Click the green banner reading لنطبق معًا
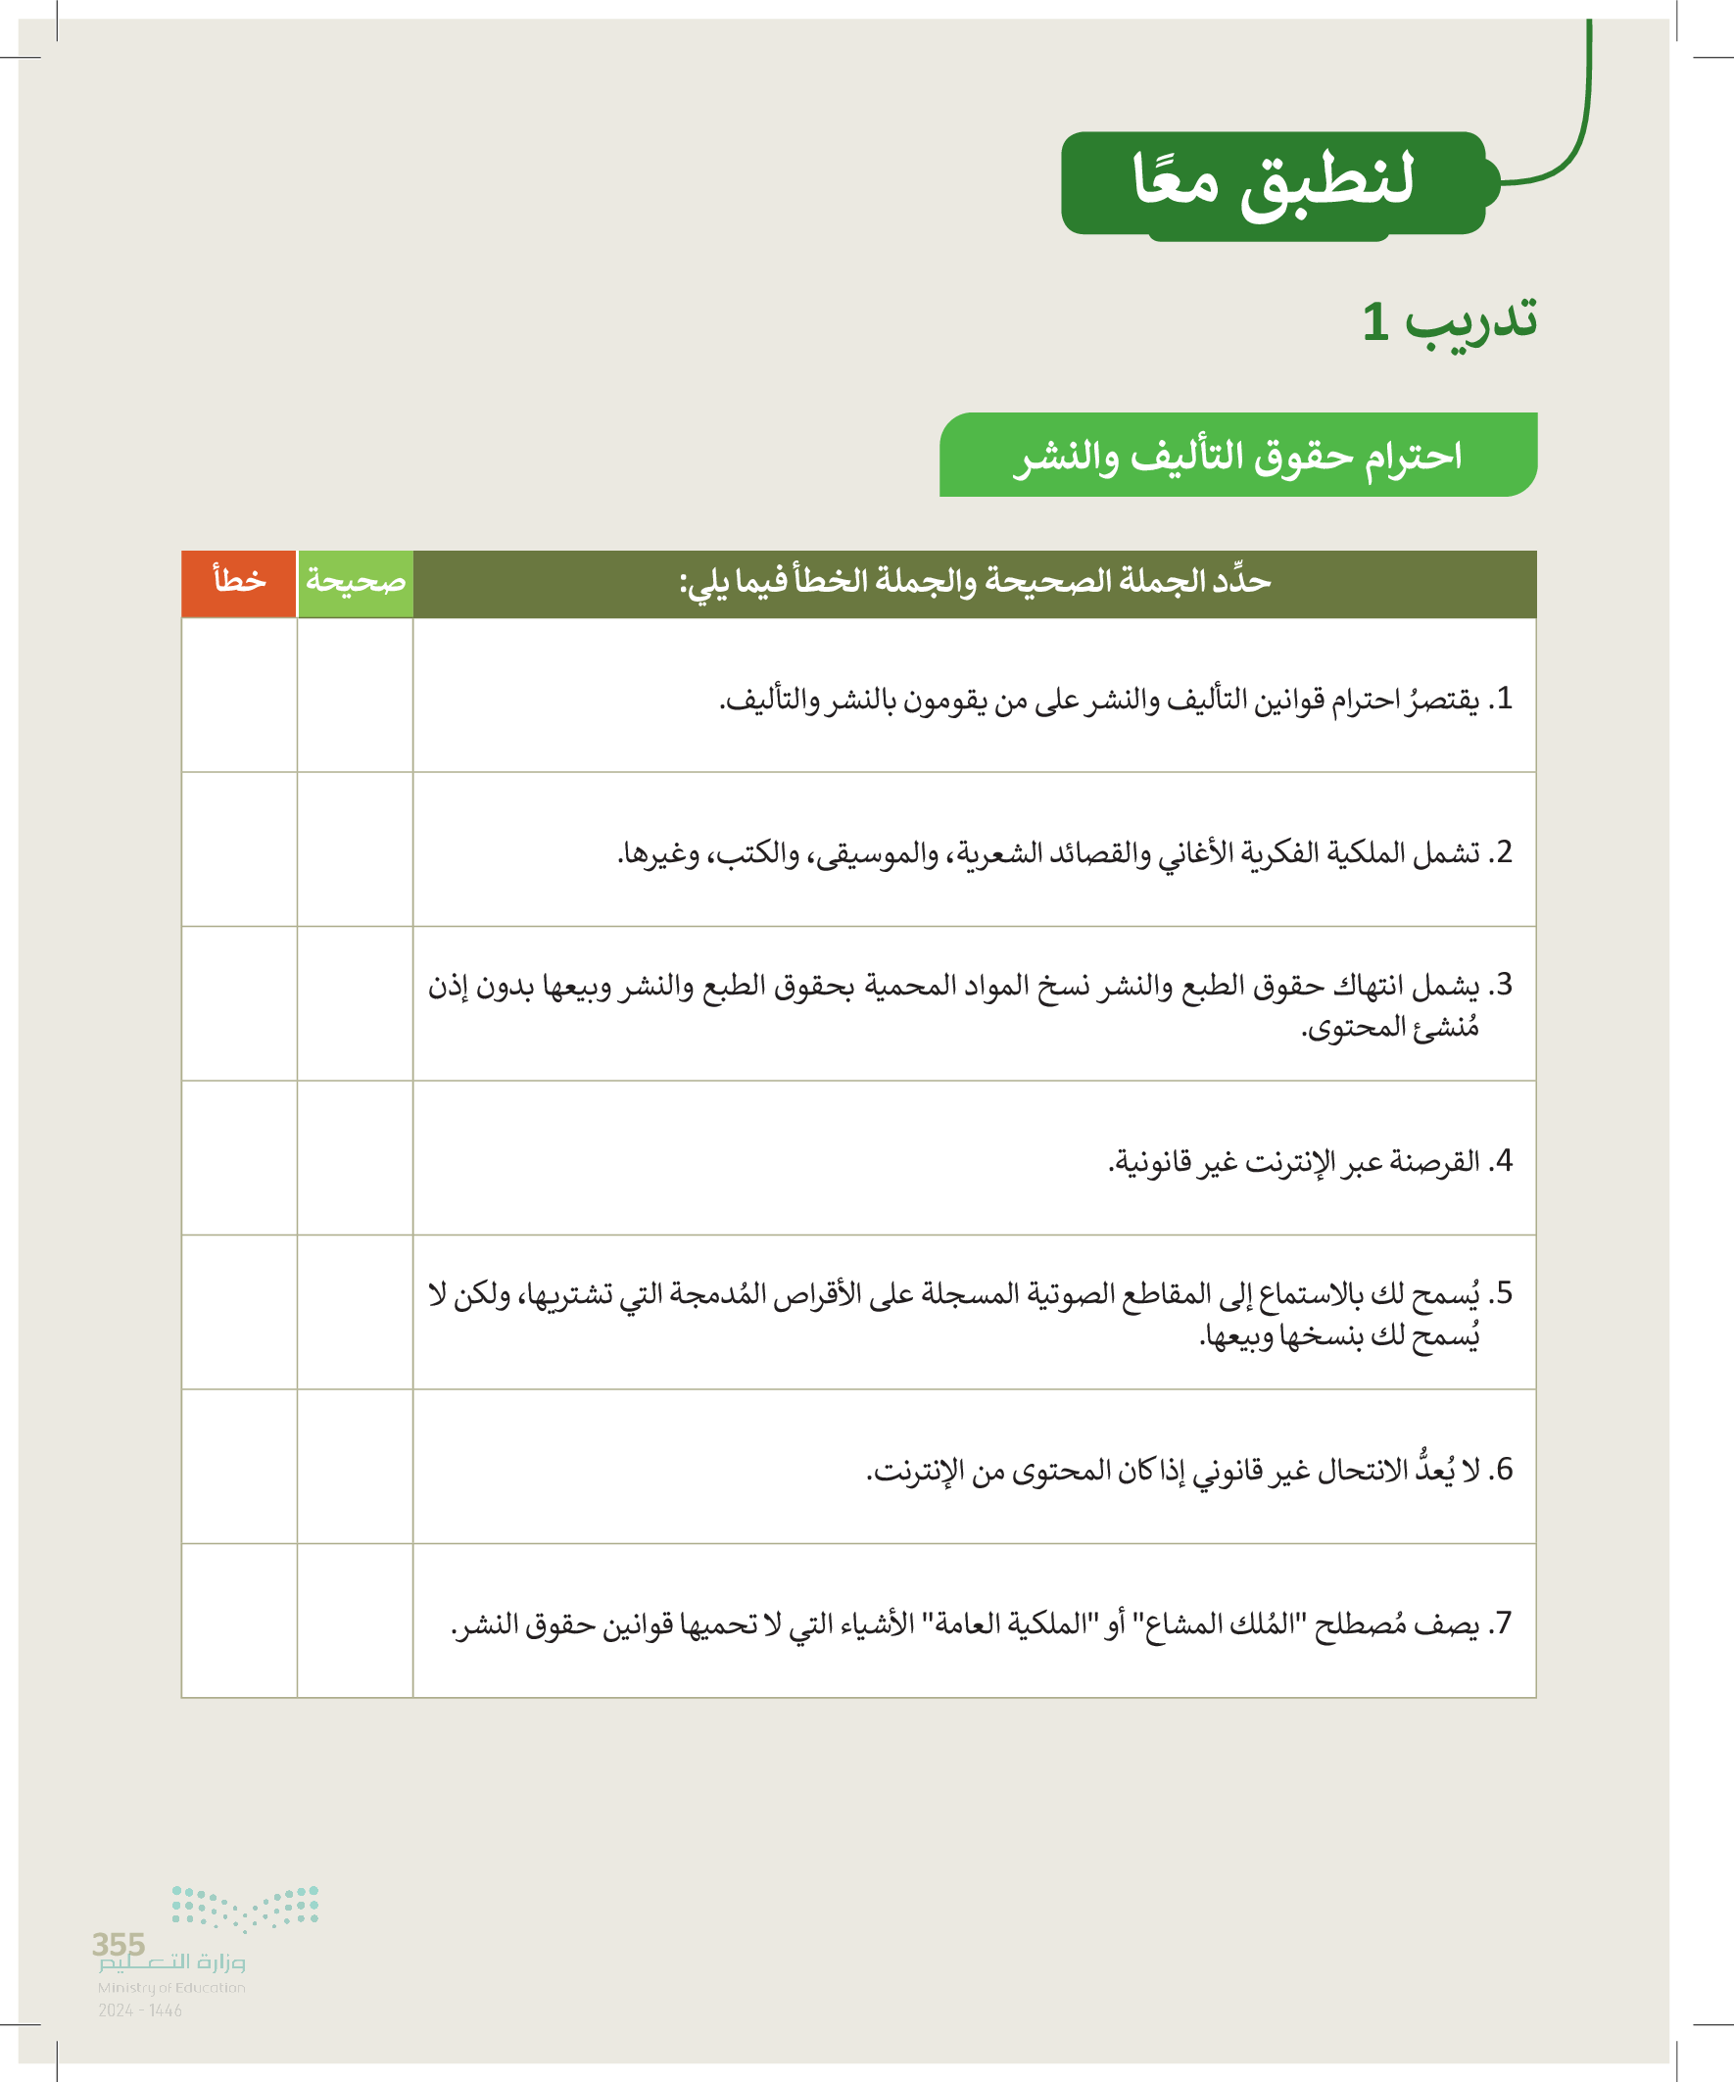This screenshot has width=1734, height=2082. pos(1273,182)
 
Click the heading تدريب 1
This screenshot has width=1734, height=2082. pos(1449,321)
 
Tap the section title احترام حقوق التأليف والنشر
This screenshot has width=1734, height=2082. pos(1237,455)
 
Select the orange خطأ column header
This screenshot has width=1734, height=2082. pos(239,583)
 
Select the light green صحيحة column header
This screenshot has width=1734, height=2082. pos(355,583)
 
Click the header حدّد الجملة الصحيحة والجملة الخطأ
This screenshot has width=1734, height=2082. pos(974,583)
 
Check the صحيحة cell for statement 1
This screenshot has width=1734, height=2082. pos(355,695)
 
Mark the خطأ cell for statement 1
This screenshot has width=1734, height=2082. pos(239,695)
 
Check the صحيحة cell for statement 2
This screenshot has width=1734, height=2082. pos(355,849)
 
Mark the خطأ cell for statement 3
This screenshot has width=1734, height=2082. pos(239,1003)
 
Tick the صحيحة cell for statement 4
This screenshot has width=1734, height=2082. pos(355,1158)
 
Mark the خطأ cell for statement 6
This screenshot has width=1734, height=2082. pos(239,1467)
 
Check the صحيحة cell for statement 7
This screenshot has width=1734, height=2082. pos(355,1621)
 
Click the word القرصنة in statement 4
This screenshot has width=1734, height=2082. pos(1434,1161)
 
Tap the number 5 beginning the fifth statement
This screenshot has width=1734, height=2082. pos(1504,1294)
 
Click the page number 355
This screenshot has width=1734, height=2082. pos(118,1943)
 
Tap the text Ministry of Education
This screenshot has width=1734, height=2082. pos(170,1988)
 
